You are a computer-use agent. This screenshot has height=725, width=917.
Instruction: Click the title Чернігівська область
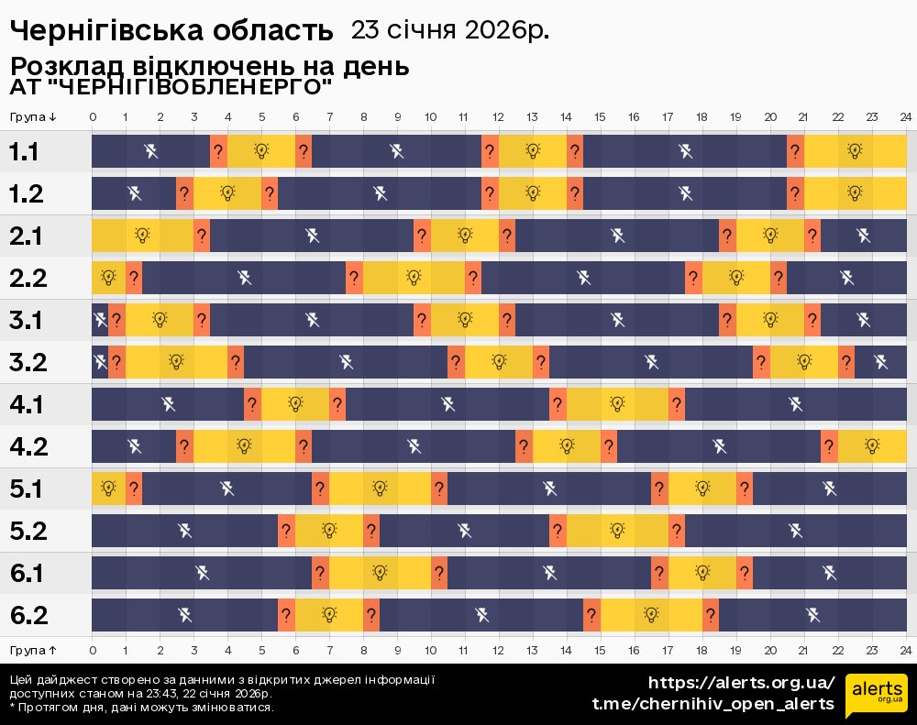(171, 30)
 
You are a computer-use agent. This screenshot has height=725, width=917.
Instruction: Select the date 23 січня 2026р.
(450, 30)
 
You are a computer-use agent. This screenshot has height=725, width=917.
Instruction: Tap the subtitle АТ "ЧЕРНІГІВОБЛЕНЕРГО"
(171, 88)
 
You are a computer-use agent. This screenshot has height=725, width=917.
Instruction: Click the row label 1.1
(25, 152)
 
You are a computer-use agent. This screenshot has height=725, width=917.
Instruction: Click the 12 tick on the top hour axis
(498, 117)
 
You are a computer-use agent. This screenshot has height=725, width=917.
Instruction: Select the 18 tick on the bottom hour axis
(702, 650)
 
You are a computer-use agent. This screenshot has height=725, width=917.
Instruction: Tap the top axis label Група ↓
(34, 117)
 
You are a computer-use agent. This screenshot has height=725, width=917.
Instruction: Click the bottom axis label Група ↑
(34, 650)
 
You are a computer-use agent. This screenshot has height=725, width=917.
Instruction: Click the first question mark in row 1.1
(218, 151)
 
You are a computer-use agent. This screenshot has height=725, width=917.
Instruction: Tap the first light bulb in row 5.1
(108, 489)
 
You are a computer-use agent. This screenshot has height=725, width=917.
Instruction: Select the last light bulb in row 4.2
(872, 446)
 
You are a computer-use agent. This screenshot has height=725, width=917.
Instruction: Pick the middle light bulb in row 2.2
(414, 278)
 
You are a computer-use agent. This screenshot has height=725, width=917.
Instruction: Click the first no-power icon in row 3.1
(100, 320)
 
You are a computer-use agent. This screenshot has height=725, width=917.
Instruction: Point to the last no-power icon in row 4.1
(796, 404)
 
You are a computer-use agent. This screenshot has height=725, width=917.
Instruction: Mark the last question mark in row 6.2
(711, 615)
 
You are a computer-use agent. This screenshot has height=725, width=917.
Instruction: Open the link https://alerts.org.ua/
(742, 683)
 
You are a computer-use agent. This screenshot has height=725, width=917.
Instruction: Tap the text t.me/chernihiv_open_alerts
(713, 704)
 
